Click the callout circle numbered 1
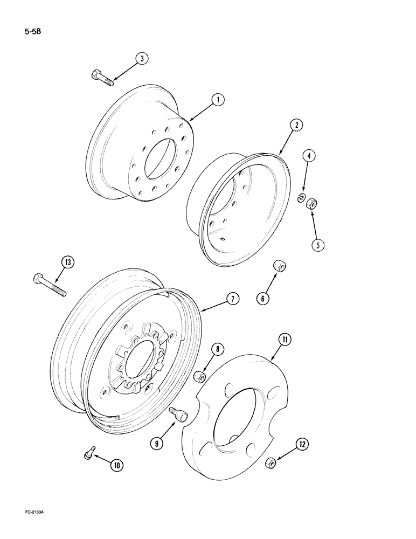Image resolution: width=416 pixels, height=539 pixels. pos(218,99)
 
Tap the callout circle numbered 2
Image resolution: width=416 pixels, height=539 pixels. pos(296,125)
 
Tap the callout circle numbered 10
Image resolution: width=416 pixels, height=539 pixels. pos(115,465)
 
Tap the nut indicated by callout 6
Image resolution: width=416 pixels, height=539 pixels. pos(279,266)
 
